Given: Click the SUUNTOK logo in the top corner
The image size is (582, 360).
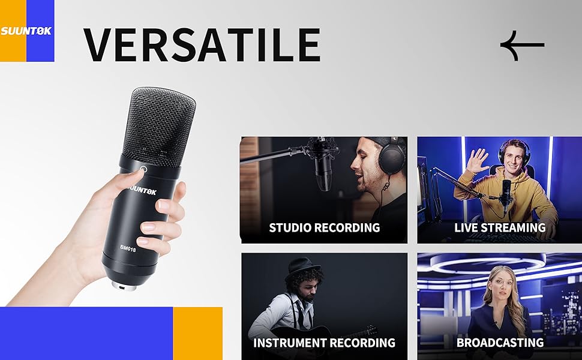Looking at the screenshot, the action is [x=26, y=31].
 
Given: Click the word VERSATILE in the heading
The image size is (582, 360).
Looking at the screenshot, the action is [x=202, y=45].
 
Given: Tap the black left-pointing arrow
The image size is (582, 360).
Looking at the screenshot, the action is [x=522, y=46].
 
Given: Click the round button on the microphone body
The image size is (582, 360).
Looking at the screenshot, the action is [x=143, y=170].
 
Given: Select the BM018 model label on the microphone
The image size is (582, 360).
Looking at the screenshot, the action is [x=128, y=249].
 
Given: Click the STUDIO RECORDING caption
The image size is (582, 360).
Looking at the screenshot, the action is [x=325, y=227].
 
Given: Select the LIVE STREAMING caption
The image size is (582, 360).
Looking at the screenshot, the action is [x=500, y=227].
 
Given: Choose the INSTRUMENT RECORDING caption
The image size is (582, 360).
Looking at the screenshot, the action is [x=324, y=343].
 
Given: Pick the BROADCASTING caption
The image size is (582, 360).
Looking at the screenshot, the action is [x=500, y=343].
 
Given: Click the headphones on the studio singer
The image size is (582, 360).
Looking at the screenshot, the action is [x=392, y=156].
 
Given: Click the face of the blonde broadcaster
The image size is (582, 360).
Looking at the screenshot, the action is [x=502, y=287].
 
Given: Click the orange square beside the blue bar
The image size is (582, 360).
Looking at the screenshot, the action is [x=198, y=333].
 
